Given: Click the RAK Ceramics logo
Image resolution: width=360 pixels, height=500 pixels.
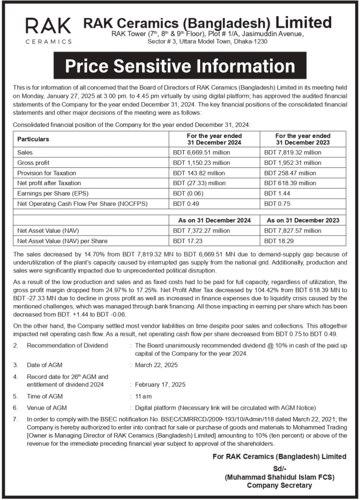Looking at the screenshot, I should (48, 31).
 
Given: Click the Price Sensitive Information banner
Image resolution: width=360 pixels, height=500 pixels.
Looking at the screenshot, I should (180, 66).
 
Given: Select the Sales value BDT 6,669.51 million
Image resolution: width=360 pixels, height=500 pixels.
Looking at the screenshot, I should (202, 152).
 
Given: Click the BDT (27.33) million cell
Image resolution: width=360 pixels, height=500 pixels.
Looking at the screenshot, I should (199, 183).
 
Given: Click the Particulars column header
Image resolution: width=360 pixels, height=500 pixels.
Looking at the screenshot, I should (34, 139).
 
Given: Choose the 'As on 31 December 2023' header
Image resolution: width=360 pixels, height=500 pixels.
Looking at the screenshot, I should (302, 220).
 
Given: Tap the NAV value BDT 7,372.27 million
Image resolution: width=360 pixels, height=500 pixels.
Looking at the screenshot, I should (202, 230).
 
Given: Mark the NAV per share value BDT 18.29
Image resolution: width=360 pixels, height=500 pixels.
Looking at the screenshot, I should (276, 240).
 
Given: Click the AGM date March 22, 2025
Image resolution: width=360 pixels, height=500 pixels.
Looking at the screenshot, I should (156, 365).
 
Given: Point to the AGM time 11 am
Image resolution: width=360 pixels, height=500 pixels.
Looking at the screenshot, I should (144, 396).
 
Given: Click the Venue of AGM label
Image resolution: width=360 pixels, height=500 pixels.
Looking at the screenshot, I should (47, 408).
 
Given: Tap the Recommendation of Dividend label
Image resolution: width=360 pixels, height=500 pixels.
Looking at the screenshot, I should (67, 345).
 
